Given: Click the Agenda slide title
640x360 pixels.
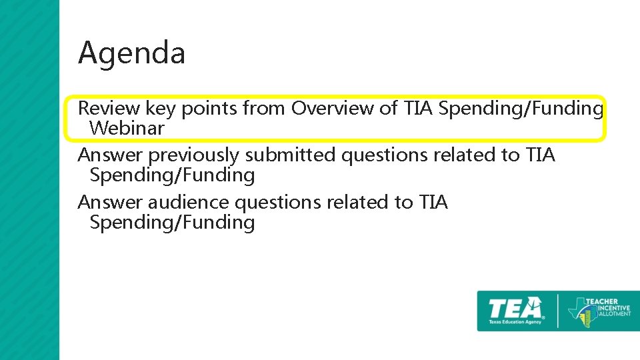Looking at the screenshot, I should pyautogui.click(x=131, y=53).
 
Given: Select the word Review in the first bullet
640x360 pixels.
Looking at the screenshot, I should pyautogui.click(x=109, y=108).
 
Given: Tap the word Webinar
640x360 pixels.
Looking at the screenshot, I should pyautogui.click(x=127, y=128).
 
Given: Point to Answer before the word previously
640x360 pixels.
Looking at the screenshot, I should pyautogui.click(x=110, y=155).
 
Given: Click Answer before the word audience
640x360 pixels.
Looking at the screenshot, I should pyautogui.click(x=110, y=202).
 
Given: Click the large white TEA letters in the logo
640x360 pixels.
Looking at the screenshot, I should pyautogui.click(x=515, y=308).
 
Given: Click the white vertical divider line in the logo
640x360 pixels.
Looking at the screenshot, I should pyautogui.click(x=558, y=311).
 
